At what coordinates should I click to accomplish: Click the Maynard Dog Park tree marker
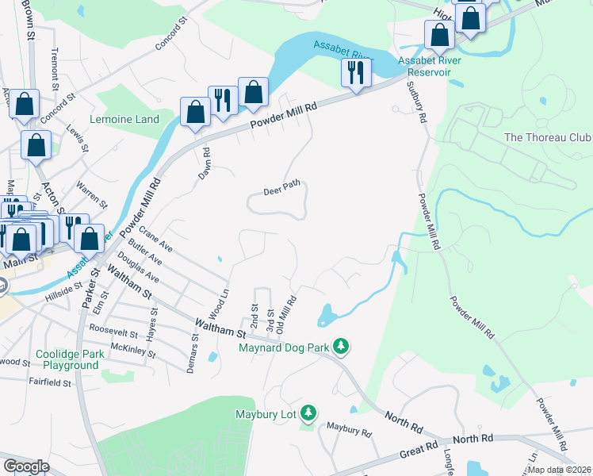coord(341,346)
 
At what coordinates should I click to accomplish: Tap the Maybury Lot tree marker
coord(308,413)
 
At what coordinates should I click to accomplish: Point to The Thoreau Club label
coord(547,137)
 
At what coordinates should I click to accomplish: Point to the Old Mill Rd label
coord(291,314)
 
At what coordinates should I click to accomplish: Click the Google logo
coord(26,466)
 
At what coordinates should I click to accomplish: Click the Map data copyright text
coord(560,470)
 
